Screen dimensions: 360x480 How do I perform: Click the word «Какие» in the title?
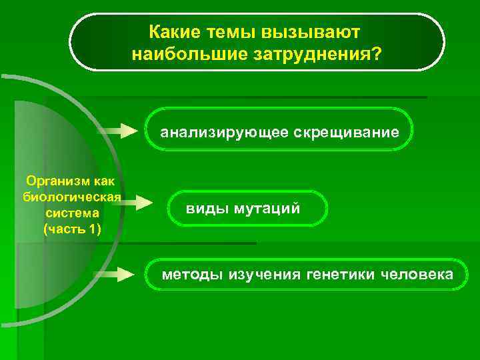[x=171, y=32]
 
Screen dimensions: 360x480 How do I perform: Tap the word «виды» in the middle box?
[x=207, y=209]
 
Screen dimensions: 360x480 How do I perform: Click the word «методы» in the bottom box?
[x=193, y=275]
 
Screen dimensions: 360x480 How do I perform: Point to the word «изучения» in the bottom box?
[x=263, y=275]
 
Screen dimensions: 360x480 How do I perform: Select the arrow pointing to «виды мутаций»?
[x=135, y=202]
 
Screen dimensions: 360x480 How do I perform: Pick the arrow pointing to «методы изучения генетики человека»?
[x=115, y=273]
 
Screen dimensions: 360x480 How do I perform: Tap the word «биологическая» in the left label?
[x=71, y=197]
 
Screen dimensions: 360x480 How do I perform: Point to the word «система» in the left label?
[x=72, y=213]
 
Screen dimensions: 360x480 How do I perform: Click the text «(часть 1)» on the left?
[x=72, y=229]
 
